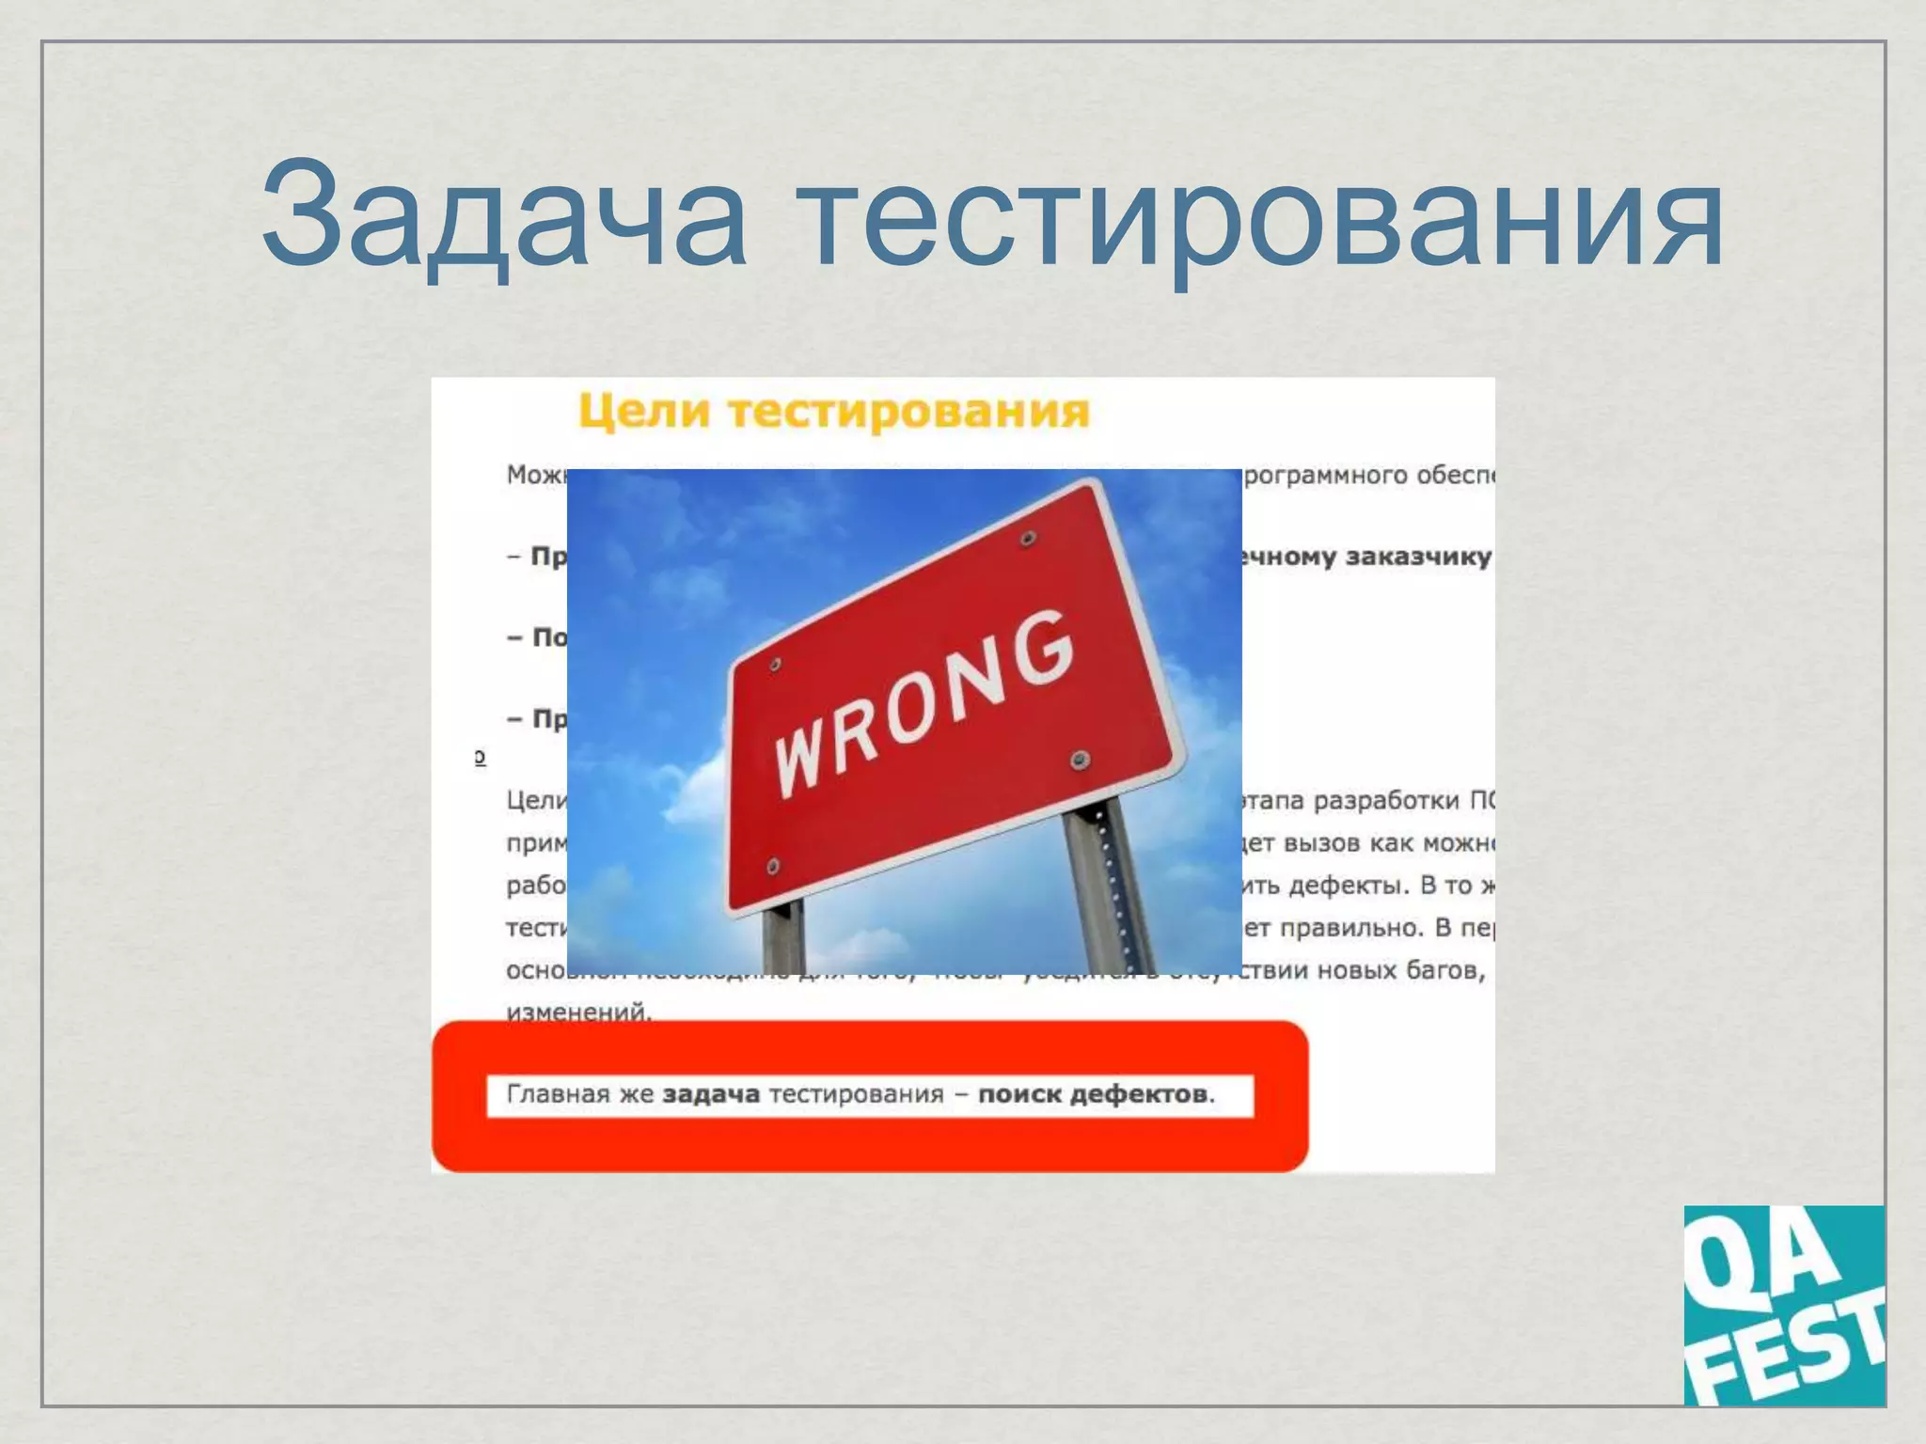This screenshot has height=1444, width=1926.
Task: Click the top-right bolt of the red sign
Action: (x=1027, y=540)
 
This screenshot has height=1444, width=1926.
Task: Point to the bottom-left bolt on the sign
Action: (x=773, y=865)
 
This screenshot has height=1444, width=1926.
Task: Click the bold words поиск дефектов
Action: (x=1094, y=1094)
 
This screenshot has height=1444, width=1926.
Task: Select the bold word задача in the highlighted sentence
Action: (x=711, y=1094)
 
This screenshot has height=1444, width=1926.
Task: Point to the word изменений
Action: (x=577, y=1012)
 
